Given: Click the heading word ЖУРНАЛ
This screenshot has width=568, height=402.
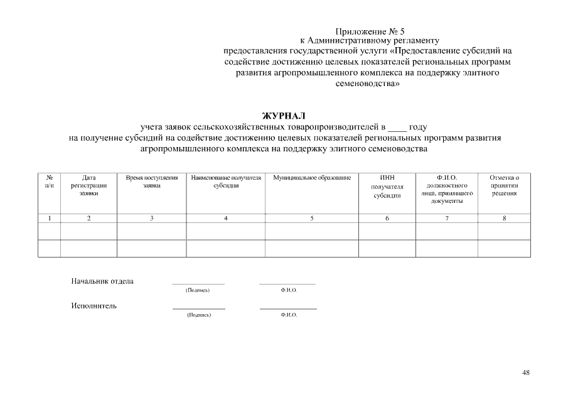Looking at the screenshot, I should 283,116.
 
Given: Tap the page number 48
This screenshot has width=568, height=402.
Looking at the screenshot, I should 525,372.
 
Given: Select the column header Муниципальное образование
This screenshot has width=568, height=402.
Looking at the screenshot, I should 311,178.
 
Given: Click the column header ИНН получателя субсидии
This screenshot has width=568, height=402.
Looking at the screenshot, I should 387,187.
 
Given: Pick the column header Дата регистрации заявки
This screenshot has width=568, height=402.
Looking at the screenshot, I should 88,186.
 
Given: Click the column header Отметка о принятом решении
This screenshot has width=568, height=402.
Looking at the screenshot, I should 504,186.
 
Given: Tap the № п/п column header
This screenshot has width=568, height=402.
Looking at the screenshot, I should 50,182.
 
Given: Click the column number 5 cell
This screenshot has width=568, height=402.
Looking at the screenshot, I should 311,218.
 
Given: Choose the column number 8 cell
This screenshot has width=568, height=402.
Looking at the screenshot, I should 504,218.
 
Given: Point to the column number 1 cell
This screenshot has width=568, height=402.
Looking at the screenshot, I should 50,218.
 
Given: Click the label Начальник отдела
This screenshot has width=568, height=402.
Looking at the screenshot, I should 102,281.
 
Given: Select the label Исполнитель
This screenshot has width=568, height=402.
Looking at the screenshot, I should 94,307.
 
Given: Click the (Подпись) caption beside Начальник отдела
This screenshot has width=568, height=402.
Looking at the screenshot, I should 198,290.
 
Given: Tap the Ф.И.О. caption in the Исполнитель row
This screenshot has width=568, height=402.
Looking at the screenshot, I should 289,315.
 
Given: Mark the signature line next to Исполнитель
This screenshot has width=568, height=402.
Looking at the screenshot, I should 198,308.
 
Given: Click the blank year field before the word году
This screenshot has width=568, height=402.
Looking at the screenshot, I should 397,127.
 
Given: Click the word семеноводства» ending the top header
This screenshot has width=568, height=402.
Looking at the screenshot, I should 367,83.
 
